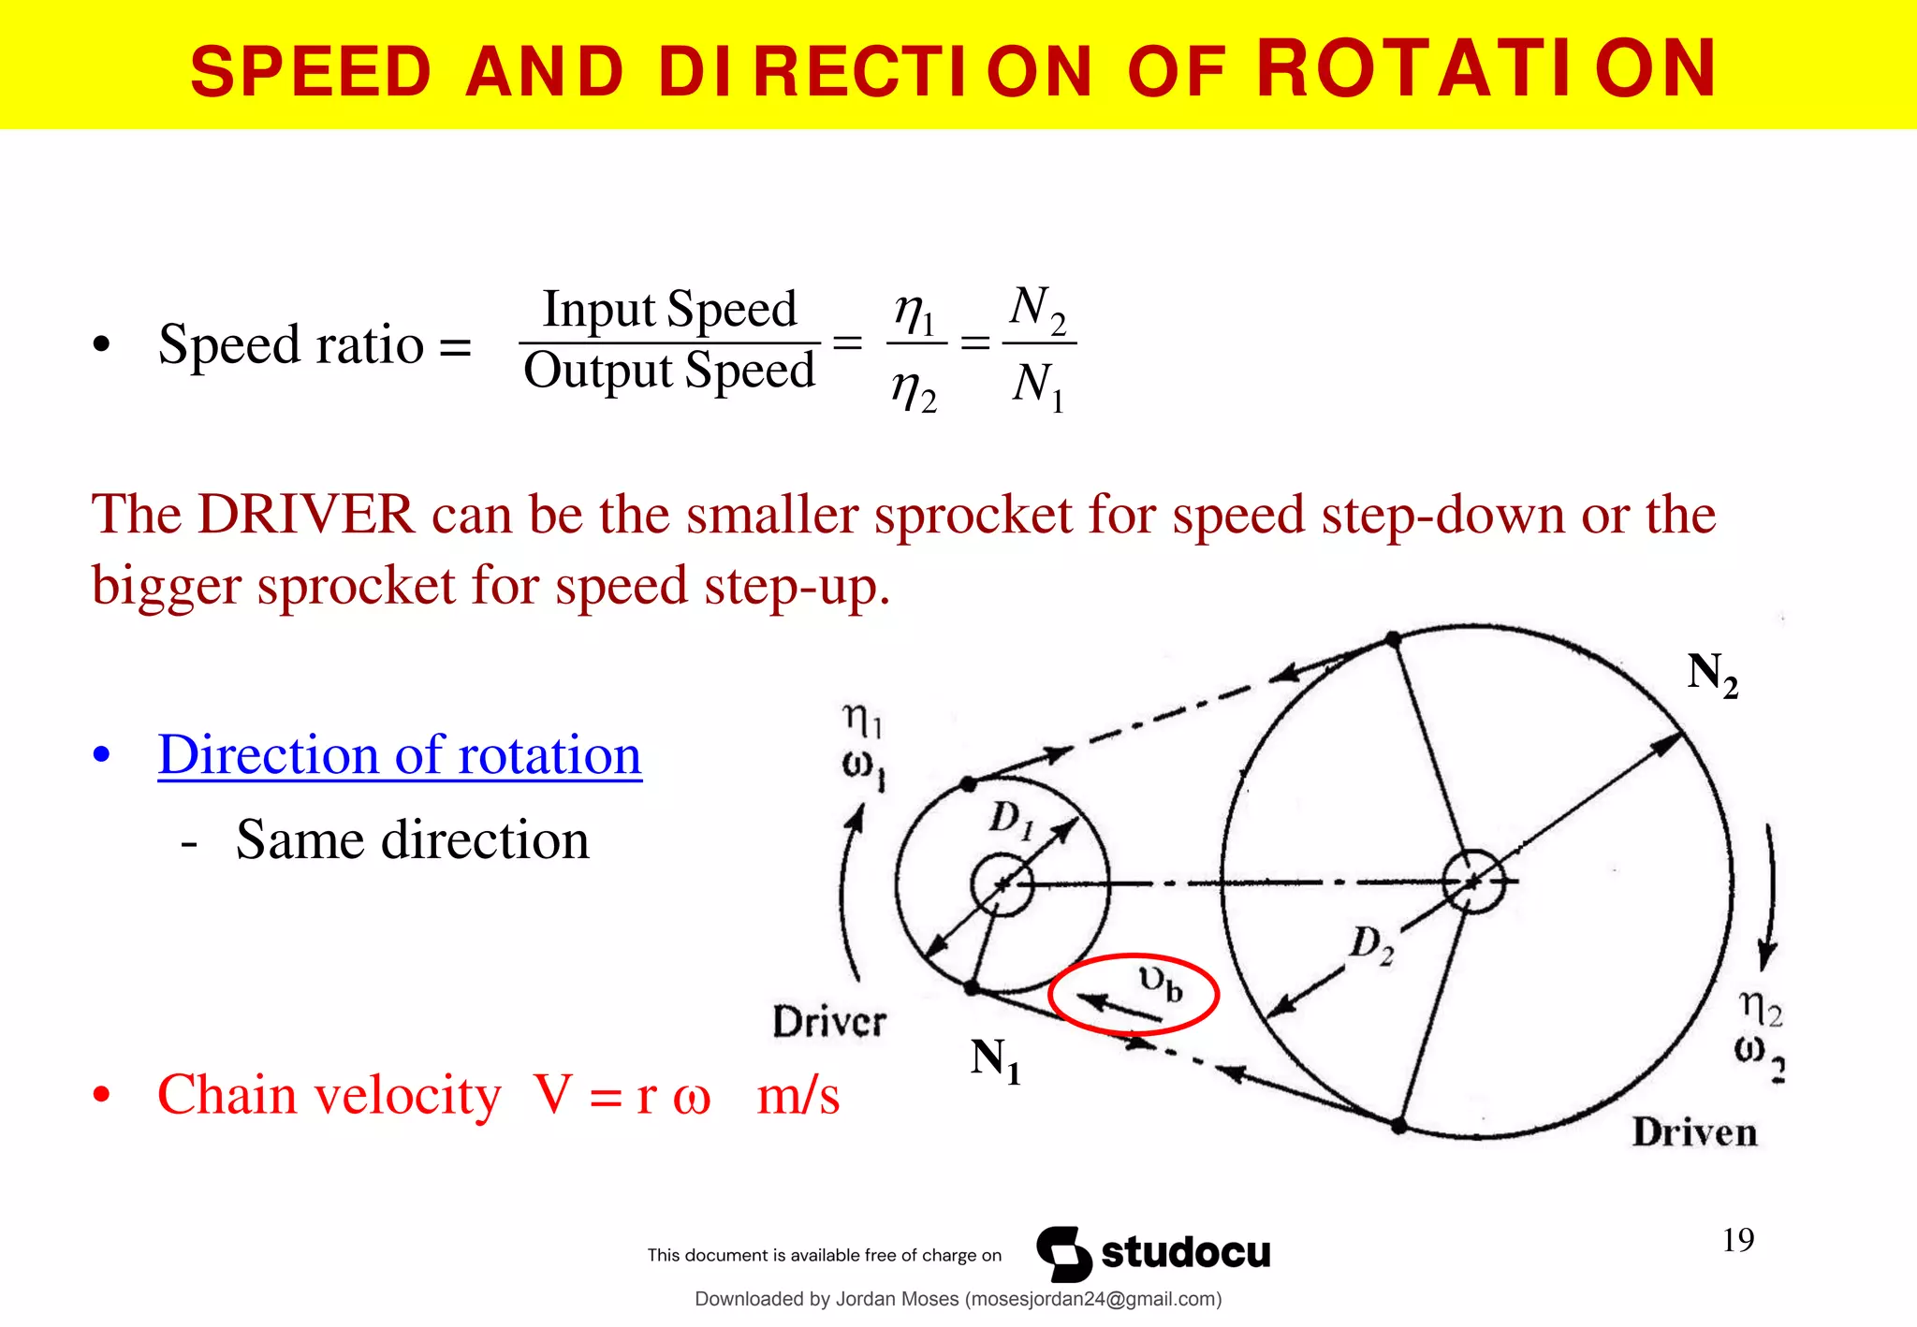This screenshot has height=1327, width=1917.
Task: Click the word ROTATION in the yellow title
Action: pos(1486,69)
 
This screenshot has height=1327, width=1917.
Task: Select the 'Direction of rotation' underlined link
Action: pos(400,755)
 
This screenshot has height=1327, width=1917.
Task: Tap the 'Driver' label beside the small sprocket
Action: pos(828,1021)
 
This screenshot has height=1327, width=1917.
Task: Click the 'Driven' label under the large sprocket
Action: pos(1694,1132)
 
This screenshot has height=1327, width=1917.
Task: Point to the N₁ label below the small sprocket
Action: pos(995,1060)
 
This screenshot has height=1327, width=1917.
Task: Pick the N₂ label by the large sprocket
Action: pos(1712,675)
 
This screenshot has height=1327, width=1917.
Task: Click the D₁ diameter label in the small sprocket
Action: pos(1011,820)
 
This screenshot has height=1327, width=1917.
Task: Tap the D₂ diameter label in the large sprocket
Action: pos(1371,944)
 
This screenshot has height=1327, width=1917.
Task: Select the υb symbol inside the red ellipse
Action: pos(1161,983)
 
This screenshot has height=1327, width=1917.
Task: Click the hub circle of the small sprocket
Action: pos(1002,883)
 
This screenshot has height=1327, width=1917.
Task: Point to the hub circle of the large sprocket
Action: pos(1473,881)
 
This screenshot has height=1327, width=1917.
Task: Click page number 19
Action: pos(1738,1240)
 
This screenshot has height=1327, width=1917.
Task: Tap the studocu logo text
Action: pos(1185,1252)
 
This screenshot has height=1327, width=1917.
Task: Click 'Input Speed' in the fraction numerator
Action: pos(669,309)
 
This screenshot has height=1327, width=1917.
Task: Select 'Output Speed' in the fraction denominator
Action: pos(669,371)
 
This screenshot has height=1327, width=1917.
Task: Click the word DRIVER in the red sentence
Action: pos(306,515)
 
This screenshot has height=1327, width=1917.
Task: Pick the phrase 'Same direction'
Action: pos(412,839)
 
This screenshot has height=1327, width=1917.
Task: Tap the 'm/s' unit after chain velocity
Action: pos(798,1095)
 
